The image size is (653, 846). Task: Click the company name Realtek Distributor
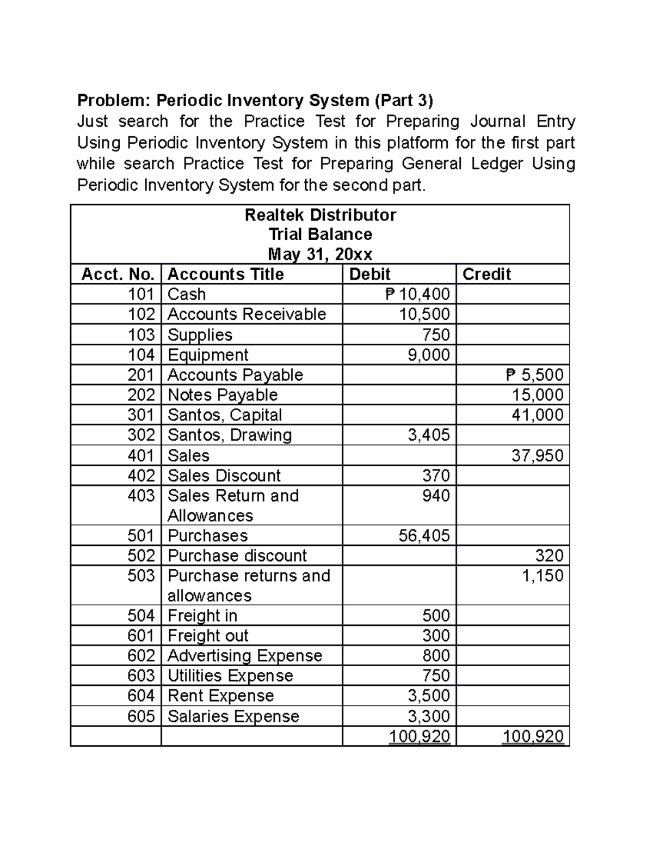(320, 215)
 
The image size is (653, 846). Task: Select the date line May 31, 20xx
(320, 254)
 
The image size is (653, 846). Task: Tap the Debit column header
(370, 274)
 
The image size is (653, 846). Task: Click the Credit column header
(486, 274)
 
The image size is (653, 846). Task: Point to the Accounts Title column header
(226, 274)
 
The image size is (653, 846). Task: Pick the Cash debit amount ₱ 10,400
(417, 294)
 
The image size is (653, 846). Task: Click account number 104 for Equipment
(141, 355)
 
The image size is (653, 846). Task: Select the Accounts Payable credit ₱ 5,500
(534, 375)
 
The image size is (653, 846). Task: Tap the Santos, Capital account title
(225, 415)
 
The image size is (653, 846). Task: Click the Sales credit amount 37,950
(537, 455)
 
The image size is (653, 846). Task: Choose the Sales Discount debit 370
(436, 476)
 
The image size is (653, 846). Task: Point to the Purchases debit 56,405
(424, 535)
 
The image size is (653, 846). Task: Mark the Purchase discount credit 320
(549, 556)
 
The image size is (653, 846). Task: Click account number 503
(141, 576)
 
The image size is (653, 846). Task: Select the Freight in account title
(202, 616)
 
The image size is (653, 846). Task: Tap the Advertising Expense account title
(245, 655)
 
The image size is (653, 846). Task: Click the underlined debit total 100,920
(420, 737)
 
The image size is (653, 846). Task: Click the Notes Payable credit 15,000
(537, 395)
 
